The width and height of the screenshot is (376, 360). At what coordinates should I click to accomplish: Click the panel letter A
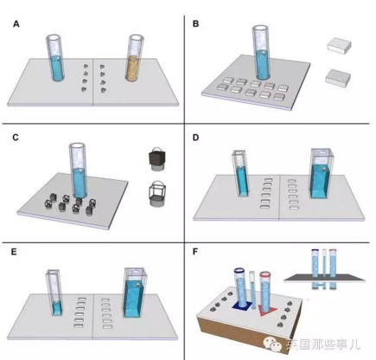16,23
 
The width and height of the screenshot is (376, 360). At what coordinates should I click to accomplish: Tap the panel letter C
16,136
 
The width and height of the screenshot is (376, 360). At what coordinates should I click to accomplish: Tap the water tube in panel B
263,54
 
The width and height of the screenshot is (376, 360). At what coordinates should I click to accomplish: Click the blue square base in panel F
242,306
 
